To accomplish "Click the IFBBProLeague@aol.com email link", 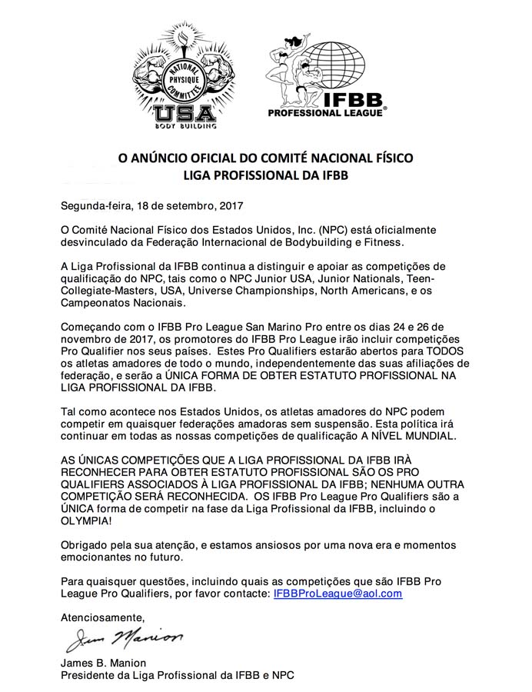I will point(337,594).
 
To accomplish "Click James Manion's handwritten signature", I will point(123,637).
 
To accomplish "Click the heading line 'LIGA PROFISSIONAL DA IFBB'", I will point(265,175).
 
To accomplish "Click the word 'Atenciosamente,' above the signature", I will point(102,617).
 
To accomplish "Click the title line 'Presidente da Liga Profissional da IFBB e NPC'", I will point(177,676).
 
